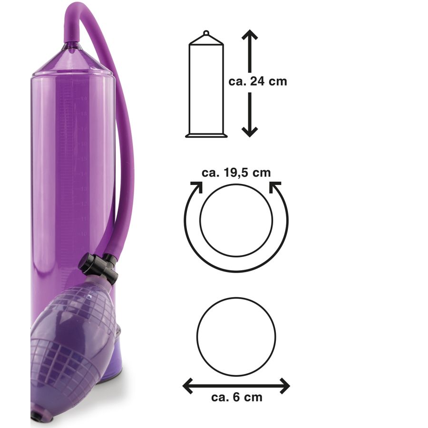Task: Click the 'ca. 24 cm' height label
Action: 258,82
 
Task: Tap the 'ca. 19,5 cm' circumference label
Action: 236,173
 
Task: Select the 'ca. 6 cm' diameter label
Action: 237,397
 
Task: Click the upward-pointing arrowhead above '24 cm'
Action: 250,34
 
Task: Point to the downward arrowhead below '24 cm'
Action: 250,132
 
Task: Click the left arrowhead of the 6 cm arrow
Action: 188,386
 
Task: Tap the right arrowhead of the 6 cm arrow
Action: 284,386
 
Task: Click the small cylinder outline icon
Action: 206,84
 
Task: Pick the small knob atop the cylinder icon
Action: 206,33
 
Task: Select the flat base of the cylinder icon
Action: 206,136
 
